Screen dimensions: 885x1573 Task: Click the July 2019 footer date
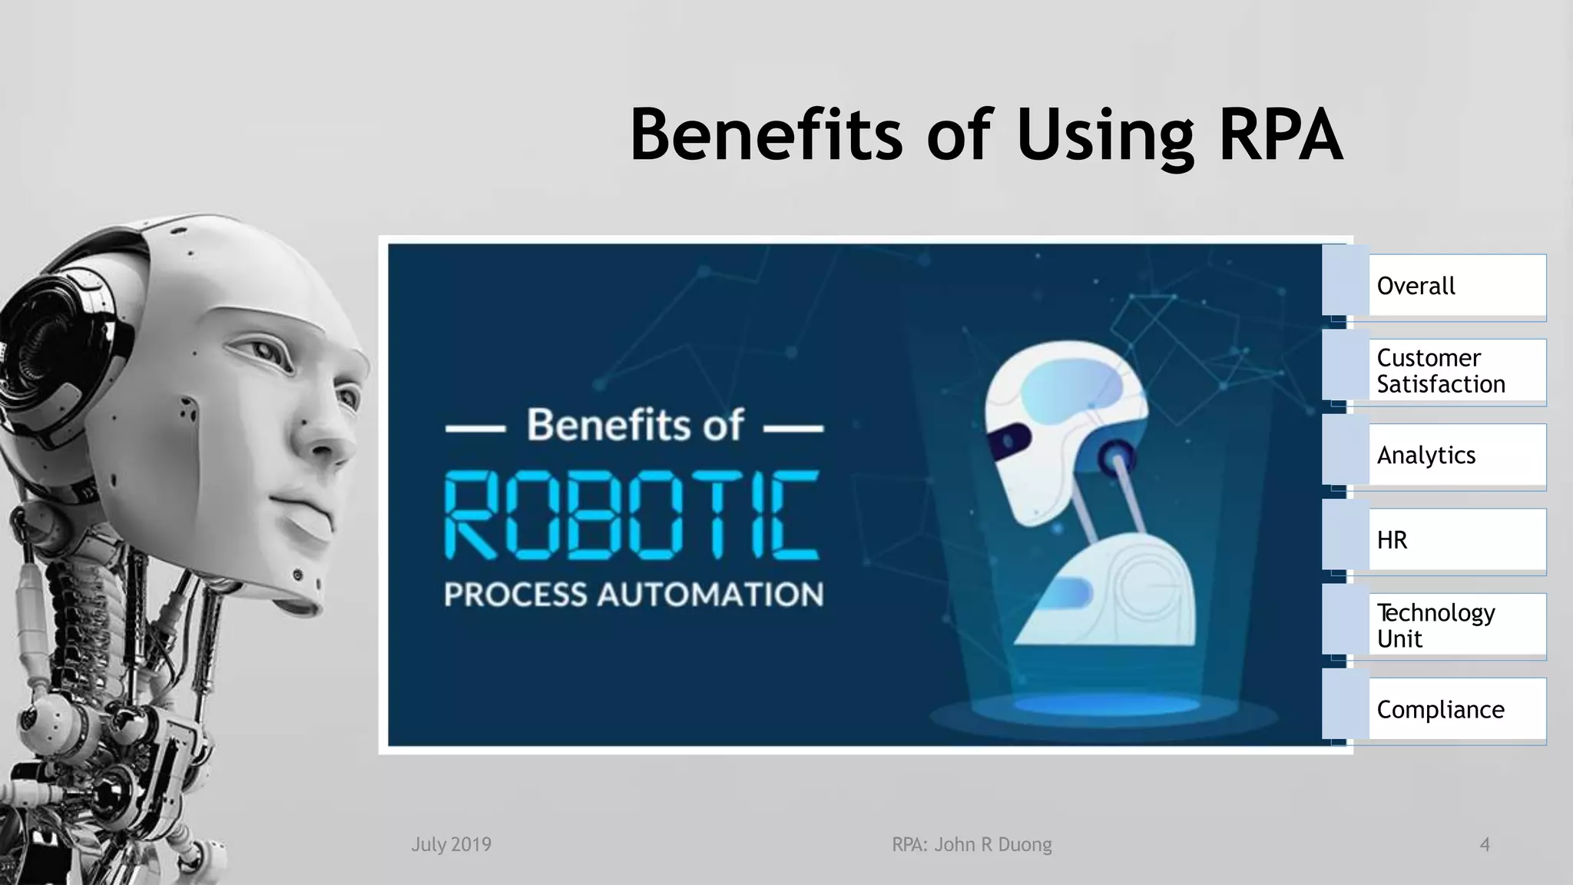(451, 844)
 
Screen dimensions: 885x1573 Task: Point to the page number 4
(1485, 844)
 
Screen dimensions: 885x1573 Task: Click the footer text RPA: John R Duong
(972, 844)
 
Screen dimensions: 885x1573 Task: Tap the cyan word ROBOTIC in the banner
(632, 515)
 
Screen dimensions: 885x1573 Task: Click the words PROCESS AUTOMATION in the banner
(634, 595)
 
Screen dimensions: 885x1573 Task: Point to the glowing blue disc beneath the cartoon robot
(1106, 704)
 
